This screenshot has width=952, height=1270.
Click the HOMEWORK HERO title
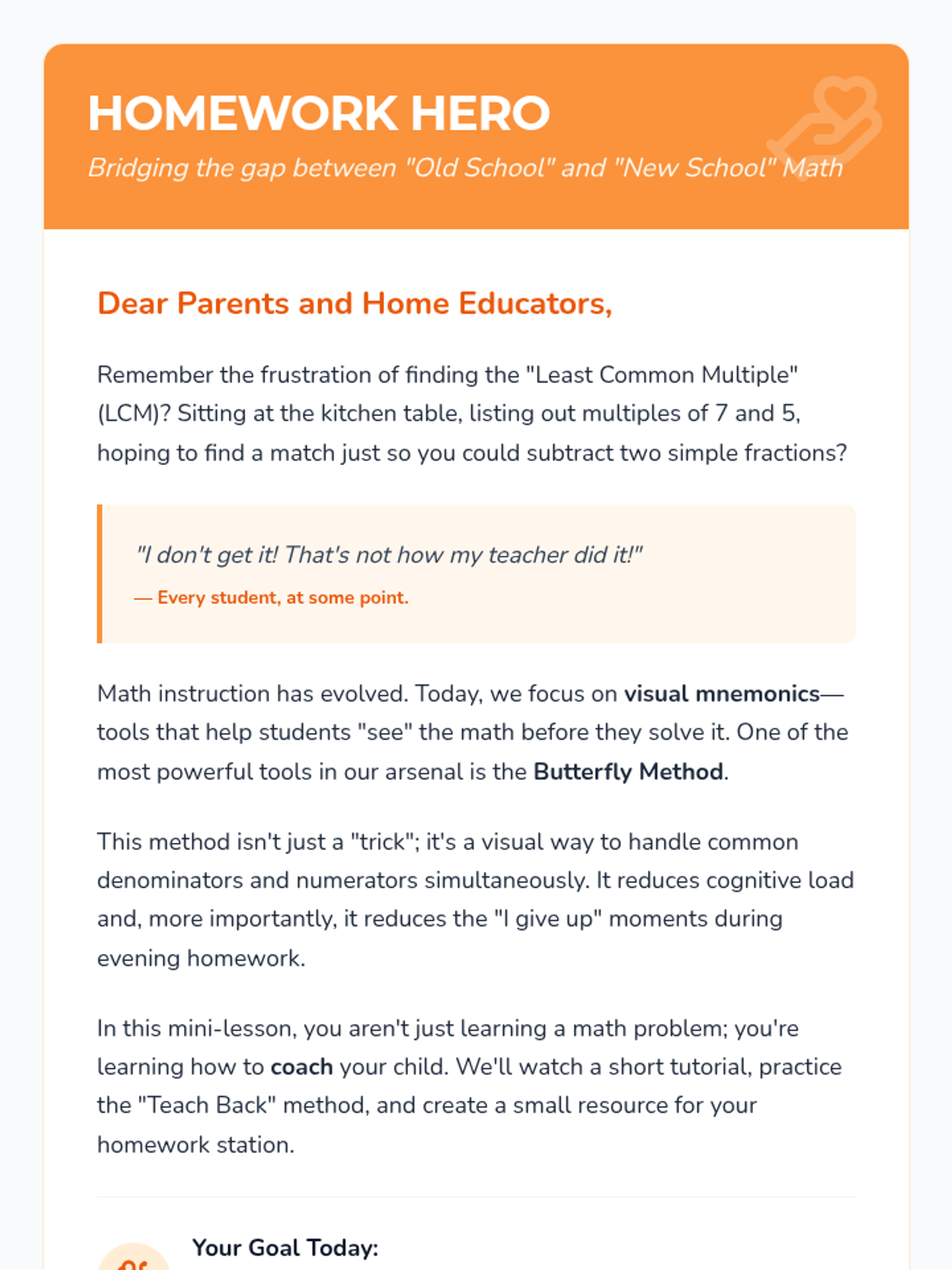pyautogui.click(x=318, y=113)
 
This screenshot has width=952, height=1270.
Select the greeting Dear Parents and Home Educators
pyautogui.click(x=354, y=303)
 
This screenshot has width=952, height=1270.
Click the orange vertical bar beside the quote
pyautogui.click(x=100, y=573)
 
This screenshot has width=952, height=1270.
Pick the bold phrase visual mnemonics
pyautogui.click(x=721, y=694)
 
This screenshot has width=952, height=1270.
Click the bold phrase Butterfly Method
pyautogui.click(x=628, y=772)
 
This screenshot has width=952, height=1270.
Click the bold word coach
pyautogui.click(x=301, y=1067)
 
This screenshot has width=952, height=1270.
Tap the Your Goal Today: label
pyautogui.click(x=285, y=1248)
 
